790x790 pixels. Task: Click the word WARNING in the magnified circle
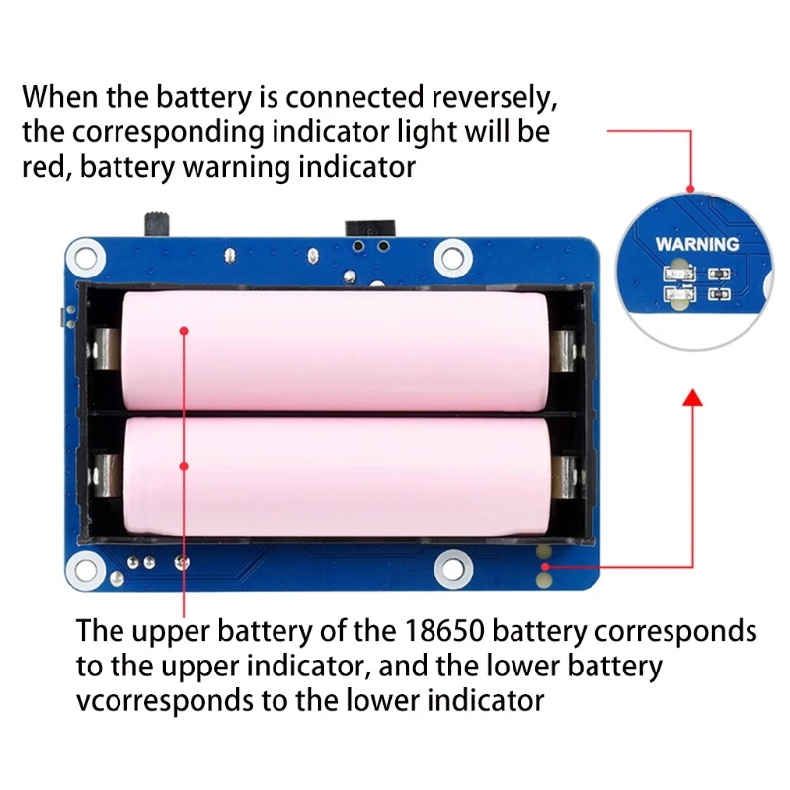click(x=697, y=243)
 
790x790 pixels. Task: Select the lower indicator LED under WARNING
click(x=678, y=293)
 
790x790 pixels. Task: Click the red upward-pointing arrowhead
click(x=692, y=397)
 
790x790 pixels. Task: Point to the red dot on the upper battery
click(x=184, y=331)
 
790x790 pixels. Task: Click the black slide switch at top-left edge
click(x=156, y=222)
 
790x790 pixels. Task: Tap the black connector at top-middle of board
click(x=369, y=229)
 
